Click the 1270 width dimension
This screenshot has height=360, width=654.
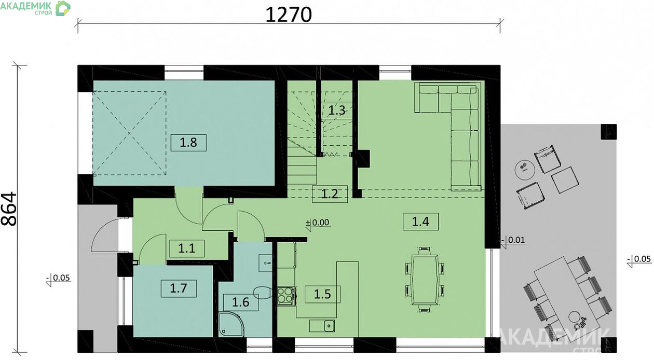coord(289,15)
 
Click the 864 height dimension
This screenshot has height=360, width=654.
coord(9,209)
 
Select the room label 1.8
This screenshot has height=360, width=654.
coord(188,143)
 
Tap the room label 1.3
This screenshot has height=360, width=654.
coord(337,110)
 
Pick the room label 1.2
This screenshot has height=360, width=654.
coord(330,194)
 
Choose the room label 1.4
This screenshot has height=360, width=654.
coord(420,221)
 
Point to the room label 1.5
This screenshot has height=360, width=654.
coord(322,294)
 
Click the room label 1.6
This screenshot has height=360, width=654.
coord(241,302)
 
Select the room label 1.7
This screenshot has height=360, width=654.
coord(179,288)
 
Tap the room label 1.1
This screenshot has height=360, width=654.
coord(186,248)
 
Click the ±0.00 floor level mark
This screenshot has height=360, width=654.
coord(317,223)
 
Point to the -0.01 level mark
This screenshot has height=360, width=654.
coord(513,240)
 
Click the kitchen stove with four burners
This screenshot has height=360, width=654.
coord(285,296)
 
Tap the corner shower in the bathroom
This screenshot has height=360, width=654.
coord(231,324)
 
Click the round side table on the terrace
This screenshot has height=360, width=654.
coord(524,170)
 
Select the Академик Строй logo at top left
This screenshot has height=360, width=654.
coord(35,8)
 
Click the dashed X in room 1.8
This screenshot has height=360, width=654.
coord(130,133)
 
